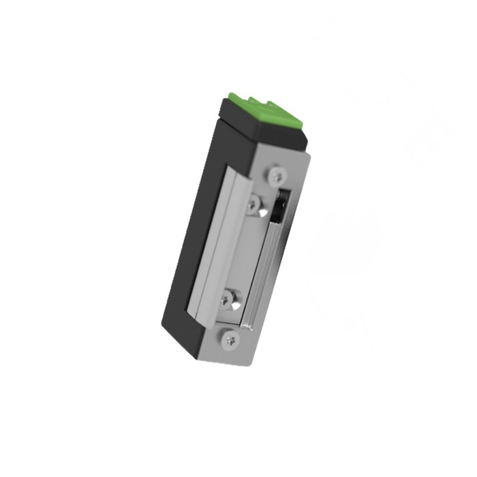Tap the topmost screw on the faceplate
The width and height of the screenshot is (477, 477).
click(x=276, y=176)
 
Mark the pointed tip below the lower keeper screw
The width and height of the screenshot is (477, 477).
click(x=236, y=307)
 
